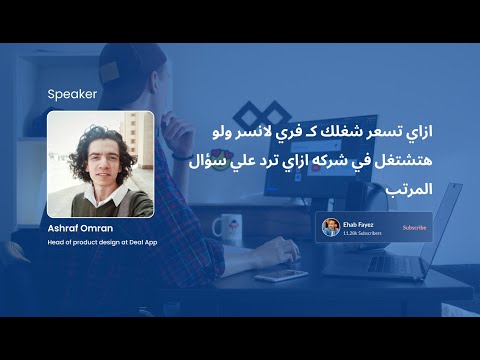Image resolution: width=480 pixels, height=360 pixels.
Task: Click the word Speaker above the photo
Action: point(72,95)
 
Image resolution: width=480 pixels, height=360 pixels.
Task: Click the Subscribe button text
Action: point(414,228)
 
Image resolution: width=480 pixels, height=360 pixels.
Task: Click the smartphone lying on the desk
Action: point(281,274)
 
